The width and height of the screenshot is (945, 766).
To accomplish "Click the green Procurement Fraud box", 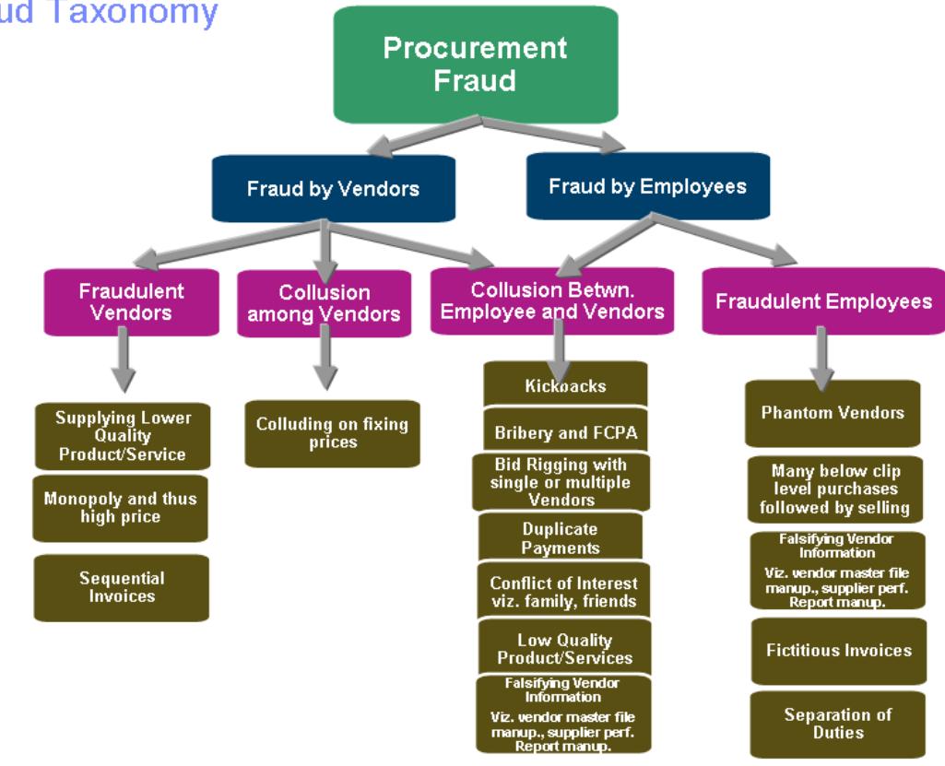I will [x=475, y=65].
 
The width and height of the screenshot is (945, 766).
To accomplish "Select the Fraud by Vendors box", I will [x=333, y=189].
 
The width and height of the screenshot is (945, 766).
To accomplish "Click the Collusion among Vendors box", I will [x=324, y=303].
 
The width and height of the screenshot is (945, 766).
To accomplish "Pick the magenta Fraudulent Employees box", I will [x=823, y=301].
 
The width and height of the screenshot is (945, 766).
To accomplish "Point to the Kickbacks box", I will [x=566, y=384].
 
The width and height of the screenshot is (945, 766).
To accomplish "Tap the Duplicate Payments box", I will [x=560, y=538].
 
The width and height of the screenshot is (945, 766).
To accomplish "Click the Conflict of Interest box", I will [x=563, y=593].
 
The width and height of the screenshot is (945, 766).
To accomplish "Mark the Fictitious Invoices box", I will [x=838, y=650].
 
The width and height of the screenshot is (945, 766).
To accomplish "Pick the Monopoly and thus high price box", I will [x=122, y=508].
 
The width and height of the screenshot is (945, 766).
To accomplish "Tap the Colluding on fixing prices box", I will [x=331, y=433].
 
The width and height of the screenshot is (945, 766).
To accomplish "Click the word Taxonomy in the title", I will [x=157, y=11].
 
